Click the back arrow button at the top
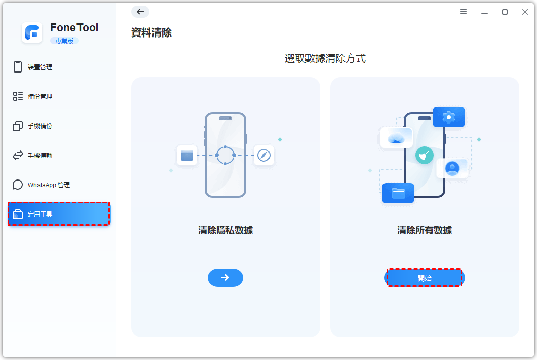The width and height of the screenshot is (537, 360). (140, 12)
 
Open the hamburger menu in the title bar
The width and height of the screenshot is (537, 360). (463, 12)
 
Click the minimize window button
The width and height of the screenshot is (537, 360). (484, 12)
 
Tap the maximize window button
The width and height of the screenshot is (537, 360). (505, 12)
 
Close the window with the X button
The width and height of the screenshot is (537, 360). (525, 12)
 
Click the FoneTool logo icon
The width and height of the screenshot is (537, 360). (32, 32)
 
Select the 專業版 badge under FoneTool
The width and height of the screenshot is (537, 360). (64, 41)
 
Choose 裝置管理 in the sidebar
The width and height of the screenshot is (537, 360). (40, 67)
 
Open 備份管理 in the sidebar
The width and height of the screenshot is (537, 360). (40, 96)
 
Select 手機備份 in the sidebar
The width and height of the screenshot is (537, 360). (40, 126)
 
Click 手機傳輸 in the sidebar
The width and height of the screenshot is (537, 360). (40, 155)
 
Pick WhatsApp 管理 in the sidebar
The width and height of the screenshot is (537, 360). (48, 185)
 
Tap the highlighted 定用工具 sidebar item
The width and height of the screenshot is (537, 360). (59, 214)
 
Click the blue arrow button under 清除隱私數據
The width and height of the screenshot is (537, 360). (225, 278)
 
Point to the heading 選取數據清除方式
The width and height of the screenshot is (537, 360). (325, 59)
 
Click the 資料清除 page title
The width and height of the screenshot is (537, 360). (151, 33)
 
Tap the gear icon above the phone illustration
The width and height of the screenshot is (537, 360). (449, 117)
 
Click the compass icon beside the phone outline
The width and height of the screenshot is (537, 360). (264, 155)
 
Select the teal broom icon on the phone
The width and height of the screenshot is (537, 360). (424, 155)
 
